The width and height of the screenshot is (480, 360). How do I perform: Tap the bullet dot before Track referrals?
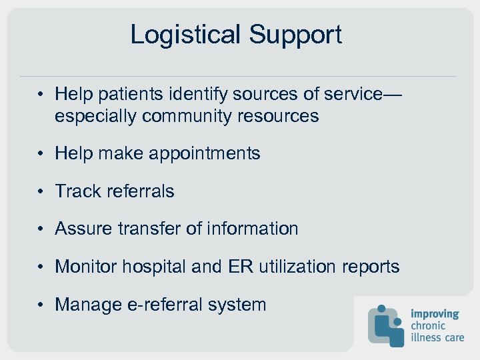point(41,192)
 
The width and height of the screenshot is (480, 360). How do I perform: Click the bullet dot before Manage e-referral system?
point(41,305)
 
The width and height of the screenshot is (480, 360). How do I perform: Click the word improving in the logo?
point(435,314)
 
